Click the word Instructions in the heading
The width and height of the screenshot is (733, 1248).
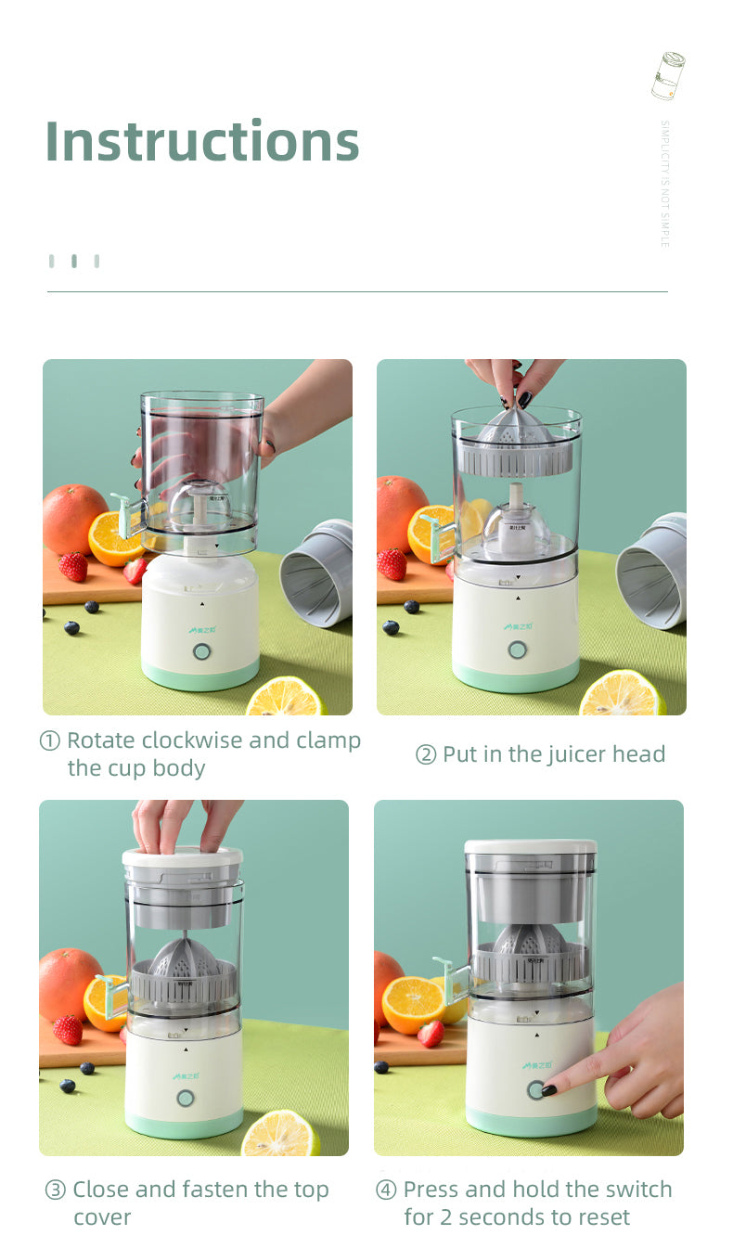(x=202, y=141)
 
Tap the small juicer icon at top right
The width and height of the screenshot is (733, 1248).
(x=668, y=76)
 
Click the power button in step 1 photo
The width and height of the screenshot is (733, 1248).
(x=201, y=651)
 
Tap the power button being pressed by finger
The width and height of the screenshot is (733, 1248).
(x=536, y=1089)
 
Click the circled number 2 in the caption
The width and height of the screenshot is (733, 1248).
(x=426, y=755)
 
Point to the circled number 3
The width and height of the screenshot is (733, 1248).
(x=56, y=1190)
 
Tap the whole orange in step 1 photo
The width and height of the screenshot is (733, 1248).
(x=73, y=519)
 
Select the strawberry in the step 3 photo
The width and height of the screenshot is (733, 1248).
(x=67, y=1030)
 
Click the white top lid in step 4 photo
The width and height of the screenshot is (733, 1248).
(x=530, y=847)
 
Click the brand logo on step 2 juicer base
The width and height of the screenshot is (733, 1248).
(x=517, y=626)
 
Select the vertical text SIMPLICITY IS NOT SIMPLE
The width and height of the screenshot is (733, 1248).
(x=664, y=183)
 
